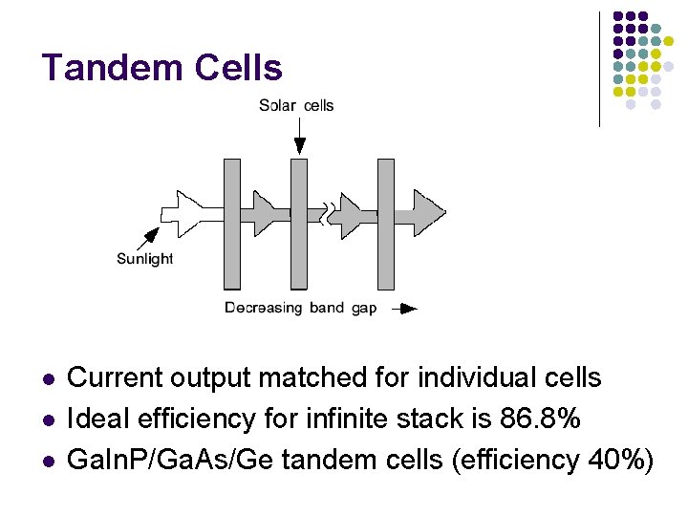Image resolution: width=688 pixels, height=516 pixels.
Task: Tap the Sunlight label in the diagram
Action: coord(144,259)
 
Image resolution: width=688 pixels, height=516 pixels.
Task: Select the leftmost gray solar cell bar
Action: coord(232,224)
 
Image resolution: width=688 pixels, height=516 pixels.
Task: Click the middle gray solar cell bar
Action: coord(299,224)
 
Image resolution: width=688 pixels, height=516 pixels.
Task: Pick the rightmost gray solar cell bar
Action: coord(385,224)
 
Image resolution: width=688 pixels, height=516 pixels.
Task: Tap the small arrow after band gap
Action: coord(406,309)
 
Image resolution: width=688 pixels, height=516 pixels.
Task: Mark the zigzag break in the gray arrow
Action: coord(330,212)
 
